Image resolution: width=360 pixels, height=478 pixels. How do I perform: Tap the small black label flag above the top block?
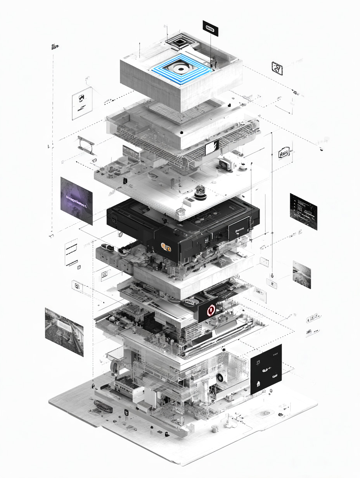coord(210,28)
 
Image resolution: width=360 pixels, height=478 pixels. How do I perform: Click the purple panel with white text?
coord(76,201)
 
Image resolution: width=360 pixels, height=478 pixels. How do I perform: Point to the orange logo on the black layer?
coord(166,246)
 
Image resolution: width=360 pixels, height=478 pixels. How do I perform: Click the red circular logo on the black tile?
coord(211,310)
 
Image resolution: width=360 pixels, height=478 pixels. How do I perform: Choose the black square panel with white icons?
coord(266,369)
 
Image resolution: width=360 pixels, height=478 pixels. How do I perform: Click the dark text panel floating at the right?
coord(303,211)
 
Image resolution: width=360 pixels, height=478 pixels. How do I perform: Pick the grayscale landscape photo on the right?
coord(302,274)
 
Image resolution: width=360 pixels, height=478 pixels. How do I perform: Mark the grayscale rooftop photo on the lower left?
coord(64,331)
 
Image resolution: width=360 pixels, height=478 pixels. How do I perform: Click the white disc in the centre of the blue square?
coord(181,69)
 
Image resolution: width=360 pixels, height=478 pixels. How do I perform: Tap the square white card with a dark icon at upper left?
coord(82,103)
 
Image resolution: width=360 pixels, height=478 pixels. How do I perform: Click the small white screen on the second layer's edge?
coord(212,147)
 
